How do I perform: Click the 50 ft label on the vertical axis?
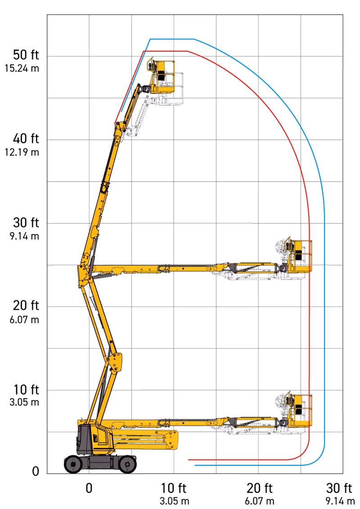click(26, 55)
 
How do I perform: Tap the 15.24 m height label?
click(22, 68)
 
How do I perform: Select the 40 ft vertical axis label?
click(26, 138)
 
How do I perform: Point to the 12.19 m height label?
click(22, 152)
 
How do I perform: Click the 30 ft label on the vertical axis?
click(26, 223)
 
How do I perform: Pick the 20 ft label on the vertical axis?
click(26, 306)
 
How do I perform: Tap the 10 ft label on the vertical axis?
click(26, 389)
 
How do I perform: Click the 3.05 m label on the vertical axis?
click(24, 402)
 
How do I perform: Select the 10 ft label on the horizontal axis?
click(174, 488)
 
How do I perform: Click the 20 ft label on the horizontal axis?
click(259, 488)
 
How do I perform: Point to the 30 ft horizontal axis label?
click(339, 488)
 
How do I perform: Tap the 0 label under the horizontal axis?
click(89, 488)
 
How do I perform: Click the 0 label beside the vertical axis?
click(36, 471)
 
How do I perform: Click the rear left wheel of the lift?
click(73, 464)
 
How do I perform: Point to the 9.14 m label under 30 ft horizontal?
click(340, 501)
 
